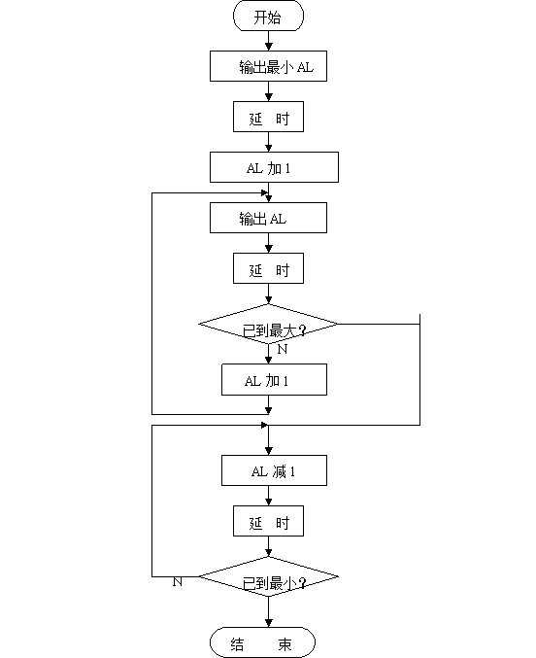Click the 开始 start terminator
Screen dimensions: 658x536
268,17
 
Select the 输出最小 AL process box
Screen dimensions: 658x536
268,66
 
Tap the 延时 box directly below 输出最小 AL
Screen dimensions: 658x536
268,117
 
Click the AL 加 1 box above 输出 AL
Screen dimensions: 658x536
274,167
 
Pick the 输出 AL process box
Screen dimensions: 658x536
268,218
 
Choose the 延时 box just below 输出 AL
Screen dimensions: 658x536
268,267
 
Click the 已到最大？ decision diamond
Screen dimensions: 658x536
268,325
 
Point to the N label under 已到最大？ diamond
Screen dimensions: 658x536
282,348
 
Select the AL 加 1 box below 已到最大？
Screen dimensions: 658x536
274,379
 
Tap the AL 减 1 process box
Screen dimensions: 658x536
274,471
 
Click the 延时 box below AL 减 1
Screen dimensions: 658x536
268,522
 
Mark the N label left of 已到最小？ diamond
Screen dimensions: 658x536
178,581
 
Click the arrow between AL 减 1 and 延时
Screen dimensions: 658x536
268,497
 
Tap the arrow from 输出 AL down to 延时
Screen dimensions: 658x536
268,243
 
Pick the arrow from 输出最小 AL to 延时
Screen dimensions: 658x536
268,91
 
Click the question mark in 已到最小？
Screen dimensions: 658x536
304,583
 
